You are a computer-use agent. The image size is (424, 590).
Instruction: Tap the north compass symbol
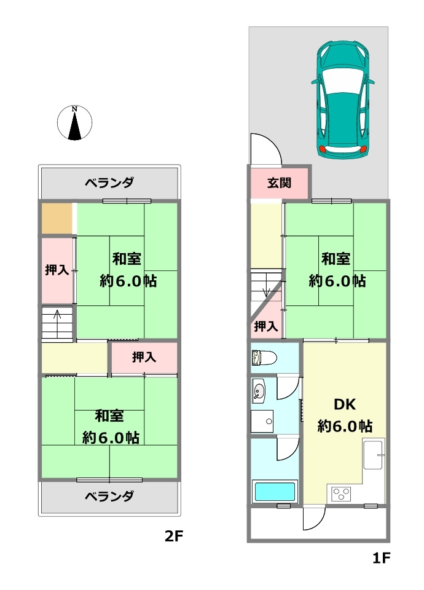74,123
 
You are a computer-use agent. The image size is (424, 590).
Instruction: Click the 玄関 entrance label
279,183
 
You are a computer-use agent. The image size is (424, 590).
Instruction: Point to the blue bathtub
275,492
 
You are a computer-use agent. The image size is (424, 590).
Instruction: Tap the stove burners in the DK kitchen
341,493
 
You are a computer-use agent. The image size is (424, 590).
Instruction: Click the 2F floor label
174,536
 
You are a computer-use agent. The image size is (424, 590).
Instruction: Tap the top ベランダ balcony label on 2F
109,183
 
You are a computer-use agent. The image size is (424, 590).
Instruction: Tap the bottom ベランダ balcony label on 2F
109,496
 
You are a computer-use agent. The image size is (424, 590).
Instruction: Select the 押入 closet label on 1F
265,326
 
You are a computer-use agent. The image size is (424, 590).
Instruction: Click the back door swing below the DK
313,519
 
